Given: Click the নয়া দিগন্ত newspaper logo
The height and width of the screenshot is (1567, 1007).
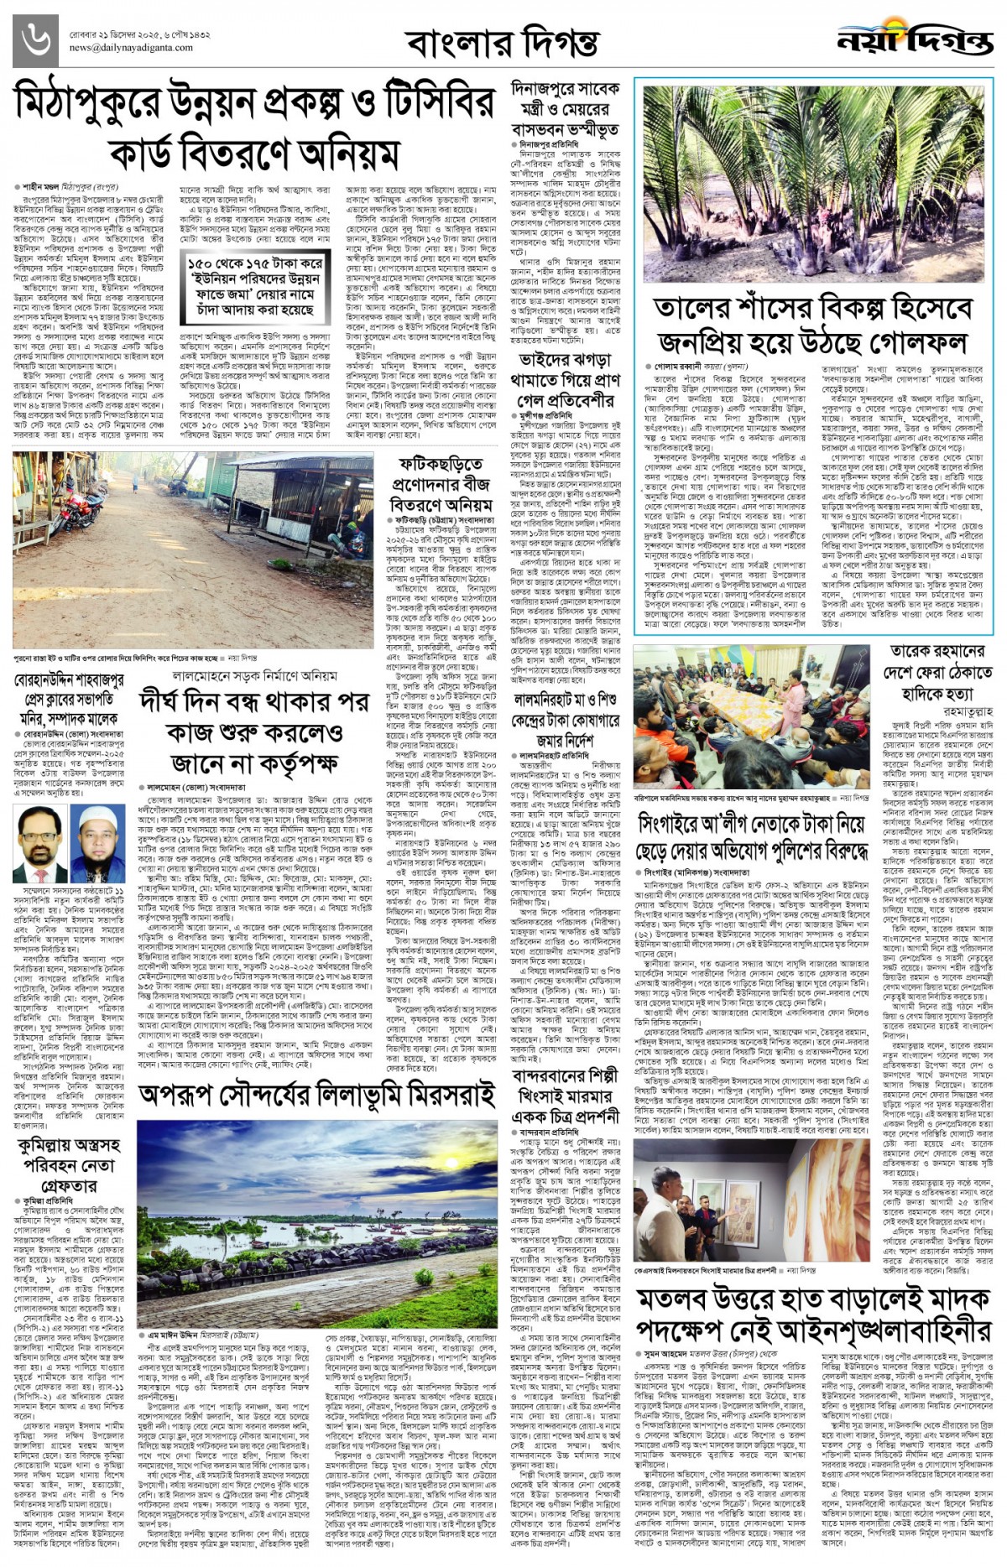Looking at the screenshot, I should point(914,39).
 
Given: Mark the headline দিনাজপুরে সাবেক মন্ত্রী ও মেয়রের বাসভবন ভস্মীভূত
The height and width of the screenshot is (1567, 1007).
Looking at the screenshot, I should point(565,109).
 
